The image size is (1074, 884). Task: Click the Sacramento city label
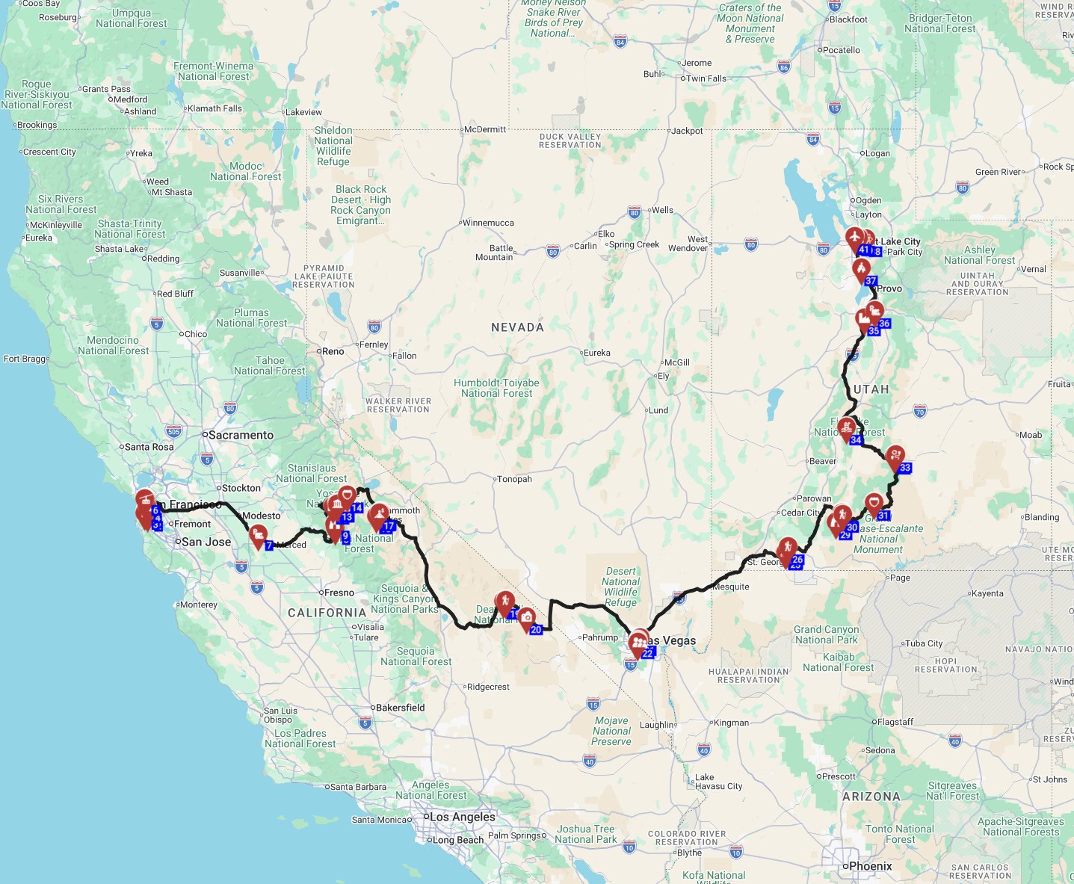coord(241,435)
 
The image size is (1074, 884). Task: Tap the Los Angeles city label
coord(462,817)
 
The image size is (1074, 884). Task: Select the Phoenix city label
coord(871,866)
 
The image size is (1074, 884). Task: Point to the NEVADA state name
coord(517,327)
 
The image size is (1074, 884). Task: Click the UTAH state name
coord(871,389)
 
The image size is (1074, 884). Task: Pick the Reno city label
coord(333,351)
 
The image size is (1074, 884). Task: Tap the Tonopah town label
coord(514,479)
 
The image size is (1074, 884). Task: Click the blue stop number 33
coord(905,469)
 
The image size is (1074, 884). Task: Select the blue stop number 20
coord(536,630)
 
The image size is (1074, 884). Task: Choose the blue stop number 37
coord(871,281)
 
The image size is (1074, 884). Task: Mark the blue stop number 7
coord(269,545)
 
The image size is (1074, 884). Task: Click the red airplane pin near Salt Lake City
coord(855,238)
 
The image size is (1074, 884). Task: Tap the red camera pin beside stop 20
coord(527,617)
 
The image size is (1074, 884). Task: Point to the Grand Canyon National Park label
coord(826,634)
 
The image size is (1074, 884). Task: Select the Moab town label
coord(1031,435)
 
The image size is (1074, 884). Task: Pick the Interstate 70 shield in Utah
coord(920,411)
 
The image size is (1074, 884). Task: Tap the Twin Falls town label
coord(706,78)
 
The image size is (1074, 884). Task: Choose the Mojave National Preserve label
coord(611,731)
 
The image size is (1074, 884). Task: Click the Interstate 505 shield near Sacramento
coord(173,431)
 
